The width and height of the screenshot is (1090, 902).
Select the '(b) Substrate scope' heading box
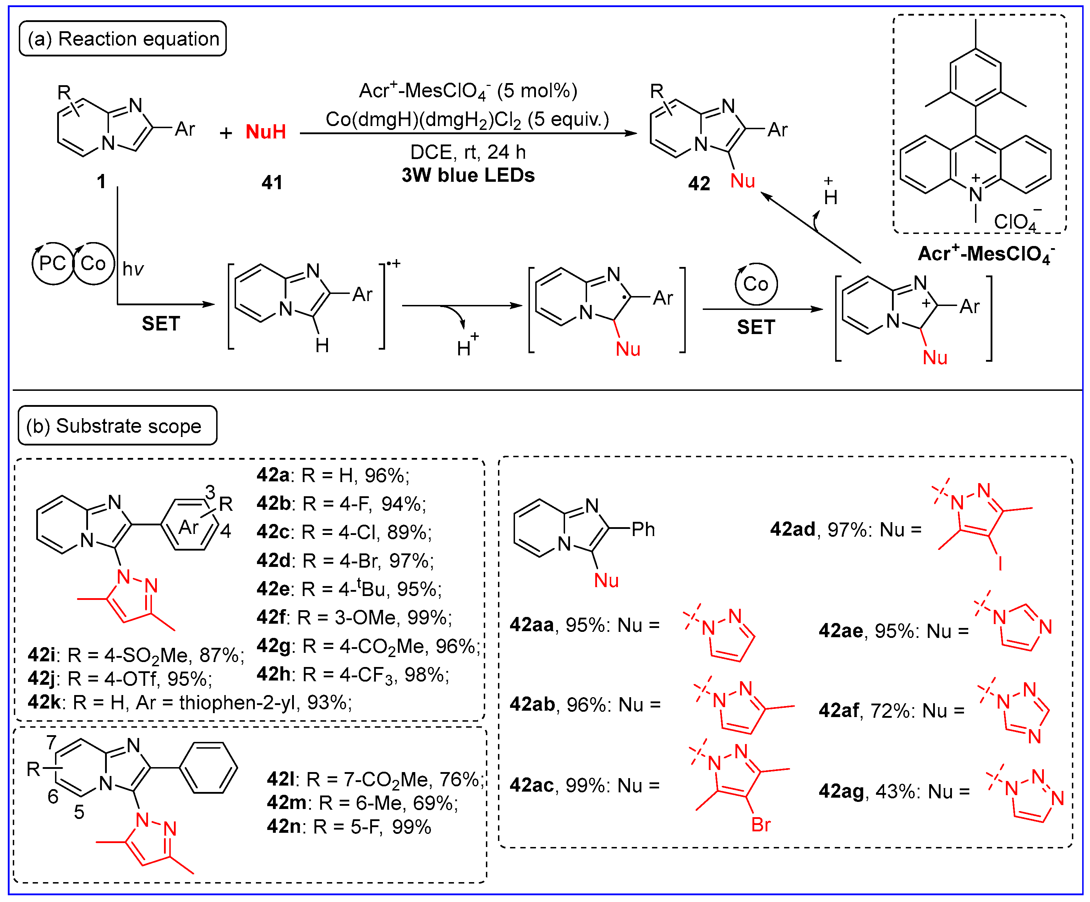pyautogui.click(x=117, y=426)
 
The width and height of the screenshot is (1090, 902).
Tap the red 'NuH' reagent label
pyautogui.click(x=266, y=132)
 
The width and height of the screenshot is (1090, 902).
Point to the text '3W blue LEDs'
pyautogui.click(x=468, y=175)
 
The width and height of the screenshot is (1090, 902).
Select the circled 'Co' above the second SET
pyautogui.click(x=755, y=284)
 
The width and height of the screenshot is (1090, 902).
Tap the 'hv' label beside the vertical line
pyautogui.click(x=133, y=269)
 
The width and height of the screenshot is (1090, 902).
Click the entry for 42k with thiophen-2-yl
pyautogui.click(x=190, y=703)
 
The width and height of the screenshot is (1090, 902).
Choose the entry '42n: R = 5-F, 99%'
pyautogui.click(x=349, y=827)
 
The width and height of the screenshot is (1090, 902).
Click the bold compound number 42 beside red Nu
pyautogui.click(x=699, y=183)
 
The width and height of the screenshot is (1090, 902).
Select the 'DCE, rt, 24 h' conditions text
pyautogui.click(x=468, y=152)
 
